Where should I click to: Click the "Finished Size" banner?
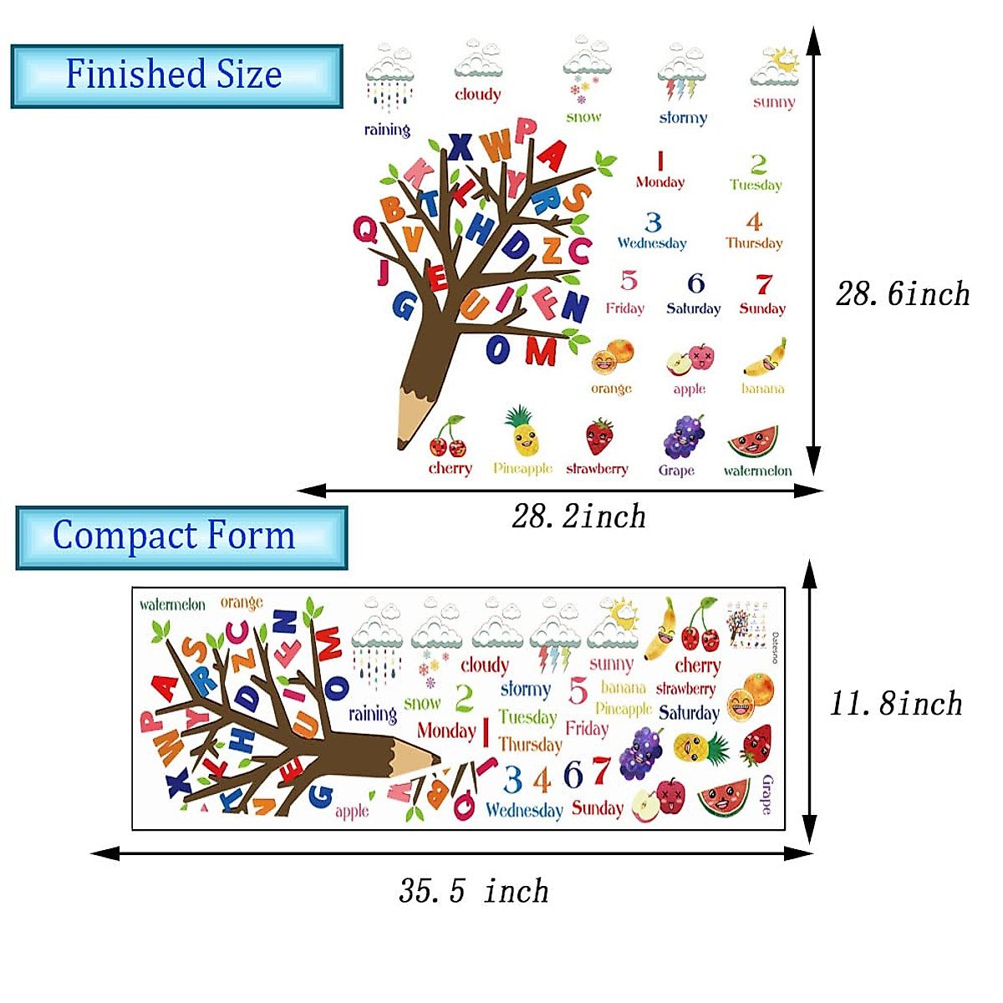(176, 75)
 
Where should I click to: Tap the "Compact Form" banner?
(181, 537)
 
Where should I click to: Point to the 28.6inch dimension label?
(903, 294)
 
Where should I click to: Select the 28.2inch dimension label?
(578, 517)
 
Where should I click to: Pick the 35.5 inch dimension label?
(473, 891)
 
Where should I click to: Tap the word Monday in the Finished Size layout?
(659, 182)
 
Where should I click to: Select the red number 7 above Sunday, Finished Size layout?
(763, 284)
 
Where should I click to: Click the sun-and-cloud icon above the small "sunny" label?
(776, 67)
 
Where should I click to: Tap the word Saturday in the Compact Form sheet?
(689, 713)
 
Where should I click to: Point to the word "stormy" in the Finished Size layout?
(683, 118)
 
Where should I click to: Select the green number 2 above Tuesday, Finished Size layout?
(758, 163)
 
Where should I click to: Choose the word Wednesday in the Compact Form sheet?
(524, 810)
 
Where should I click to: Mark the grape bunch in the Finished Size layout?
(683, 437)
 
